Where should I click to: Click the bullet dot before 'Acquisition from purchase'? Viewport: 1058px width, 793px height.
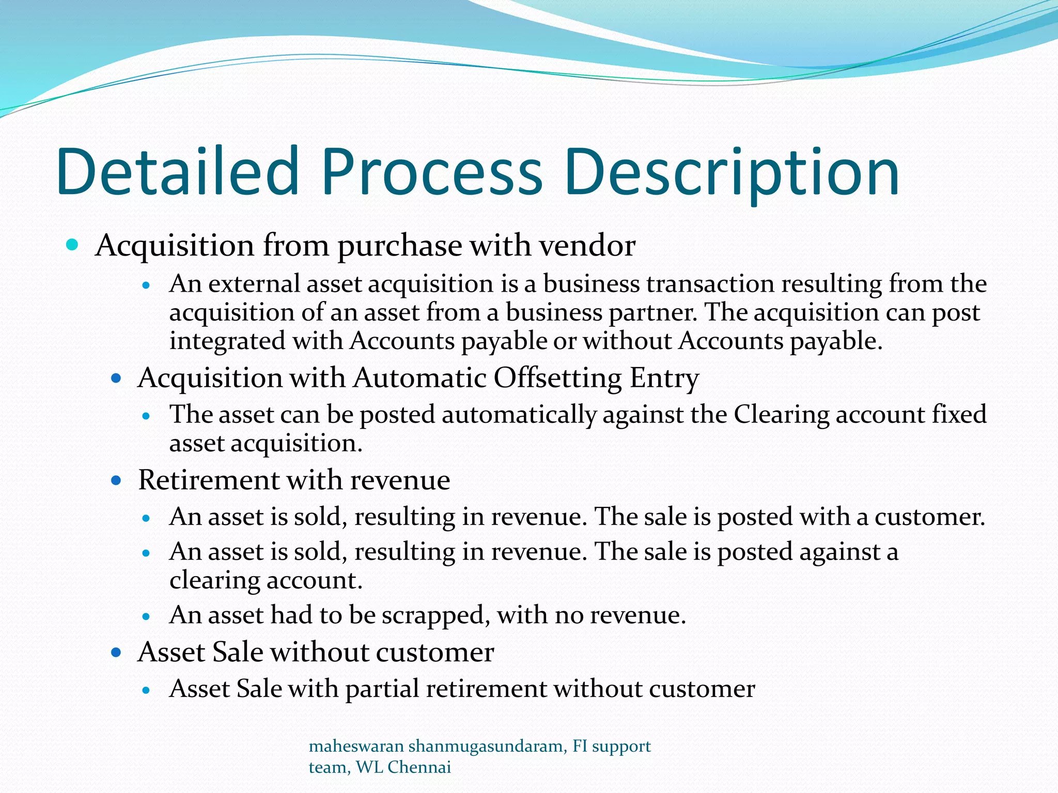72,244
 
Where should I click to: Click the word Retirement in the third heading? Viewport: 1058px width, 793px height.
208,480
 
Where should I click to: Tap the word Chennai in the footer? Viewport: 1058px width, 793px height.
419,768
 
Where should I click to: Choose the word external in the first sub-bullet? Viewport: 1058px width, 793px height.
254,284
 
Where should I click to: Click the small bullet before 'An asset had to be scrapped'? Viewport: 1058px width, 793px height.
147,616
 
